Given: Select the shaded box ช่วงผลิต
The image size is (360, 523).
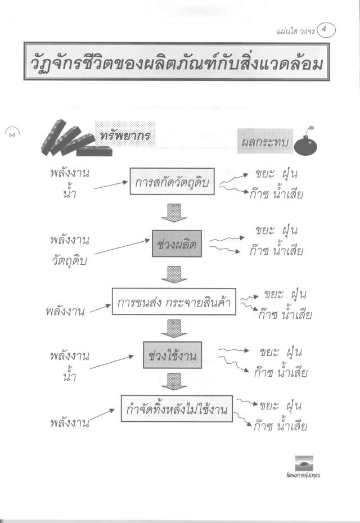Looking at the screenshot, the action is (177, 244).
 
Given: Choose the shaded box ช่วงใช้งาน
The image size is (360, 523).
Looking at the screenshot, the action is (173, 355).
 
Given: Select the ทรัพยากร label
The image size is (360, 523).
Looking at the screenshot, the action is (125, 135).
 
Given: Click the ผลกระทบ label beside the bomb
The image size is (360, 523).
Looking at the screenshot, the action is (265, 142).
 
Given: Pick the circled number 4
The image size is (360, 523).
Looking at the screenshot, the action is (326, 30).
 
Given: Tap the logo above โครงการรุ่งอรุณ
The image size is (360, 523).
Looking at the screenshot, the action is (304, 463).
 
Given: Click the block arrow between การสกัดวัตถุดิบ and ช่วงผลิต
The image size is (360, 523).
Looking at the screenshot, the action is (174, 213).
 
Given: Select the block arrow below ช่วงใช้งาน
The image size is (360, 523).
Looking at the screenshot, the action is (174, 381).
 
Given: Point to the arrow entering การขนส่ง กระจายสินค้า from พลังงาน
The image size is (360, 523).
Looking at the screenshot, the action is (101, 309).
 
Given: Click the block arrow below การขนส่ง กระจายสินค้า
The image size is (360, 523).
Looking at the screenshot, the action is (174, 328).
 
